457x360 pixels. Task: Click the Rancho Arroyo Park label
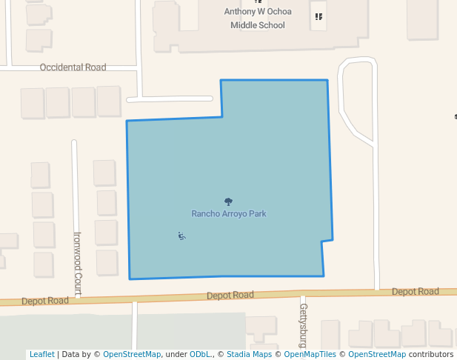pos(228,214)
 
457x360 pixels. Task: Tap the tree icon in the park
pos(228,201)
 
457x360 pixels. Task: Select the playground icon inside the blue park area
pos(181,236)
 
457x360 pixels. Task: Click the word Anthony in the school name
pos(242,12)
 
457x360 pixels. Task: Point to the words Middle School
pos(257,25)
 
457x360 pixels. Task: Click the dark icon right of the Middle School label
pos(318,16)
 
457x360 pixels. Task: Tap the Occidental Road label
pos(73,67)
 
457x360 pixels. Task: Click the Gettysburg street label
pos(303,324)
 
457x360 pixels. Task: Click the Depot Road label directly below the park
pos(230,295)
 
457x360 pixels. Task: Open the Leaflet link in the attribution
pos(41,355)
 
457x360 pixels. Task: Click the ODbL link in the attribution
pos(199,355)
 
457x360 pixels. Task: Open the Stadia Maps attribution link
pos(249,355)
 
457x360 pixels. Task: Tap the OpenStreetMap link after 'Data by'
pos(131,355)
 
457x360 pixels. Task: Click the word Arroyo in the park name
pos(234,214)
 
